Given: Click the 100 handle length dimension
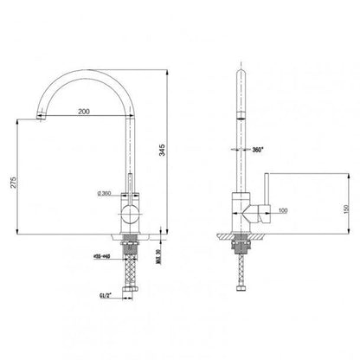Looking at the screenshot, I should (x=283, y=210).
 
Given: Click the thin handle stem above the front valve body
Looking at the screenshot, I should (x=129, y=186).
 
